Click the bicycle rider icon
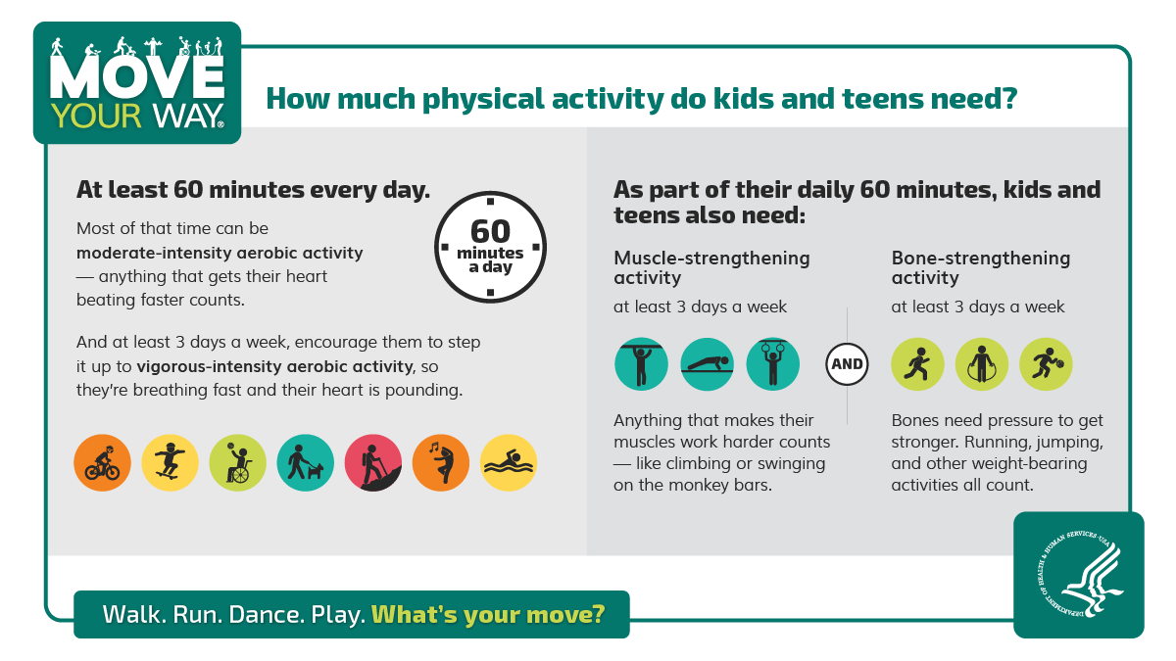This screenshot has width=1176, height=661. click(102, 462)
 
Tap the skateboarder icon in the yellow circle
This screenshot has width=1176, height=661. click(170, 462)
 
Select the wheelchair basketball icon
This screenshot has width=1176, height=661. click(237, 462)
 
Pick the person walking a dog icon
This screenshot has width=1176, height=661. click(305, 462)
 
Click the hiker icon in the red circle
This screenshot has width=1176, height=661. click(372, 462)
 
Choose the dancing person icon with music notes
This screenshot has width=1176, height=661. click(440, 462)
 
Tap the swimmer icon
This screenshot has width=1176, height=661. click(508, 462)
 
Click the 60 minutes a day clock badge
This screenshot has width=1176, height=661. click(490, 246)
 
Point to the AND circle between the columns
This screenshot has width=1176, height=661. click(847, 364)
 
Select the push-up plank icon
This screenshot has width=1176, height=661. click(707, 364)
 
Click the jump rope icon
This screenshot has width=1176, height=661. click(981, 364)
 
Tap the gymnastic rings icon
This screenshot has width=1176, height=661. click(772, 364)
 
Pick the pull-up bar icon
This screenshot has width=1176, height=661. click(641, 364)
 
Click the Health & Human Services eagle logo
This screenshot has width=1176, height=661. click(1079, 575)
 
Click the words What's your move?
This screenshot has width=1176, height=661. click(487, 615)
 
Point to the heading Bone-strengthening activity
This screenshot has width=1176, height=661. click(980, 267)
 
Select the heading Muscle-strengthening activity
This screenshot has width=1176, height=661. click(711, 267)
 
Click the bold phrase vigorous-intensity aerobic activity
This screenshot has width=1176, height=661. click(275, 367)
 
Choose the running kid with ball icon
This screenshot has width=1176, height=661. click(1046, 364)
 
